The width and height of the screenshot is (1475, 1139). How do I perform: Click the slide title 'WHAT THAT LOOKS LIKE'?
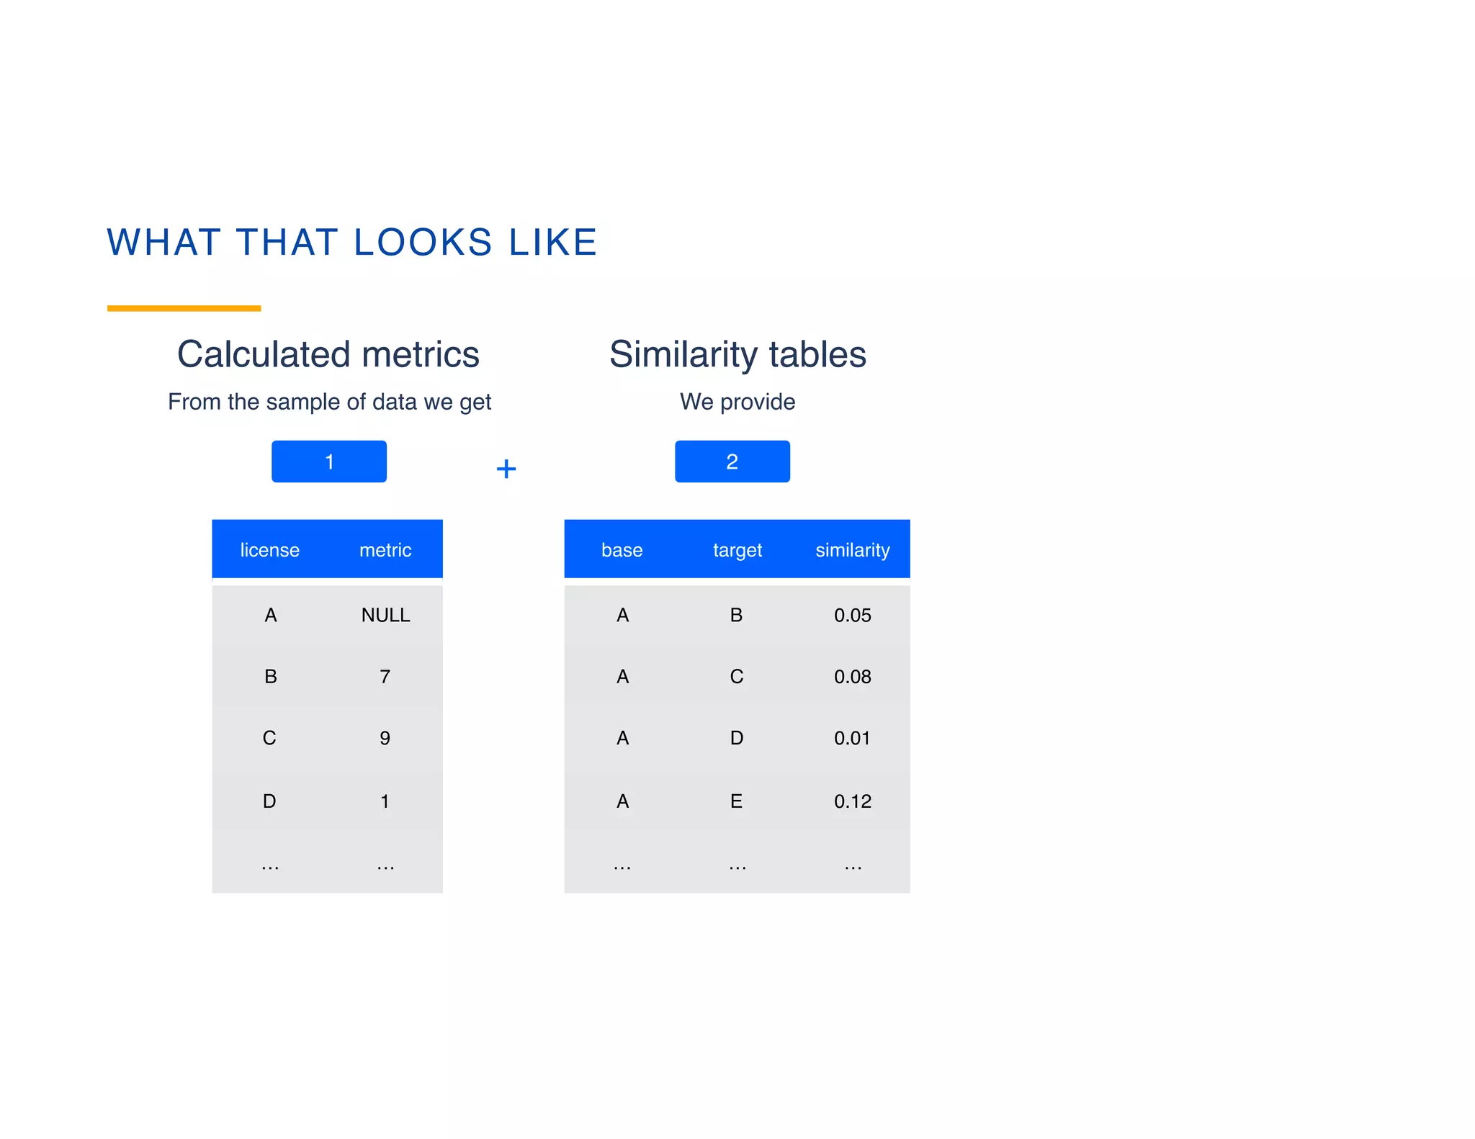click(352, 242)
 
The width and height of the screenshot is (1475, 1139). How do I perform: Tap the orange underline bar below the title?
click(184, 308)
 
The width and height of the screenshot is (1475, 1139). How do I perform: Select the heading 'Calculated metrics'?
click(328, 354)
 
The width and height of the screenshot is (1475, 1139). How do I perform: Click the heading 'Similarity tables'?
click(737, 354)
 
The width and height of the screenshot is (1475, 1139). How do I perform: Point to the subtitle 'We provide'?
click(737, 402)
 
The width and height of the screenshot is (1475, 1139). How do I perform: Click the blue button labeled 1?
click(329, 462)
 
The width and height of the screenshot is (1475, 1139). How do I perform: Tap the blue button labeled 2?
click(732, 462)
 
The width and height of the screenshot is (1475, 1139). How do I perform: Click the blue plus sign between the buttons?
click(506, 469)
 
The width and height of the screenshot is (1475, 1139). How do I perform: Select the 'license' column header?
click(269, 550)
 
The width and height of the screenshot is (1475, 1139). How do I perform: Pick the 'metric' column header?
click(385, 550)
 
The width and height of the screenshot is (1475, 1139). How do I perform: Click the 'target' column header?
click(737, 550)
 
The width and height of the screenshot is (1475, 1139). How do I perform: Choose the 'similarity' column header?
click(853, 550)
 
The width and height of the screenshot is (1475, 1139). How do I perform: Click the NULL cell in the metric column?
click(385, 615)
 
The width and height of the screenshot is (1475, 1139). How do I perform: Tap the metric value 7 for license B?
click(385, 677)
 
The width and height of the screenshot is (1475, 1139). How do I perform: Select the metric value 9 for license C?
click(385, 738)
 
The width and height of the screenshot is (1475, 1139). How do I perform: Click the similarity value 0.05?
click(853, 615)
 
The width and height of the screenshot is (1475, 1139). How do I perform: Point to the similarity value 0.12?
click(853, 801)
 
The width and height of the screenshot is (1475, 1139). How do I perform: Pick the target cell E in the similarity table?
click(736, 801)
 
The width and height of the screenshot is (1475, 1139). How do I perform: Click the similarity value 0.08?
click(853, 677)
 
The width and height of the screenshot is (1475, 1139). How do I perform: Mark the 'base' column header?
click(622, 550)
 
